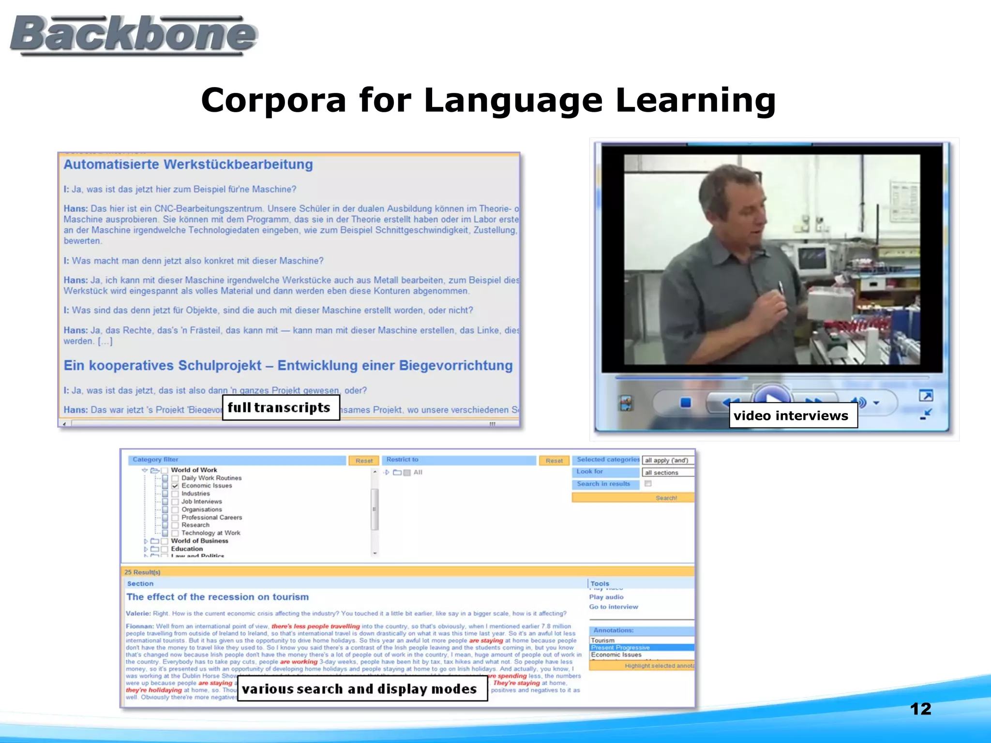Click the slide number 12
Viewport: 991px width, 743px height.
click(x=920, y=709)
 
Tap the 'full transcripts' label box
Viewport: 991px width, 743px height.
click(x=281, y=408)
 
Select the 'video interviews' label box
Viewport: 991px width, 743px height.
click(x=793, y=416)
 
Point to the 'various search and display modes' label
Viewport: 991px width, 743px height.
click(x=362, y=689)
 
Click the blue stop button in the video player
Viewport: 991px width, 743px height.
click(x=685, y=402)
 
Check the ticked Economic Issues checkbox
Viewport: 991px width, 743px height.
click(x=175, y=486)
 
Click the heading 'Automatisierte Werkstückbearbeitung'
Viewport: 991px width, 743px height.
click(x=188, y=164)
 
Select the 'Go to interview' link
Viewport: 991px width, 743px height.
click(x=613, y=607)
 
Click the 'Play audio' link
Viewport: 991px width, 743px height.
click(x=606, y=597)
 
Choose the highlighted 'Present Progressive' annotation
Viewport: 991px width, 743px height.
click(x=620, y=647)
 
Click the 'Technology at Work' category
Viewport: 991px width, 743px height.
click(x=210, y=533)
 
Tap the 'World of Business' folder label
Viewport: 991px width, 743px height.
click(x=199, y=541)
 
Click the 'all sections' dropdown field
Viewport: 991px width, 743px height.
click(x=668, y=473)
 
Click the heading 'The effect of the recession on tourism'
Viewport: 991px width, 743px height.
click(x=217, y=597)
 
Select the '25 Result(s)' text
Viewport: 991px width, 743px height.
click(x=142, y=572)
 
